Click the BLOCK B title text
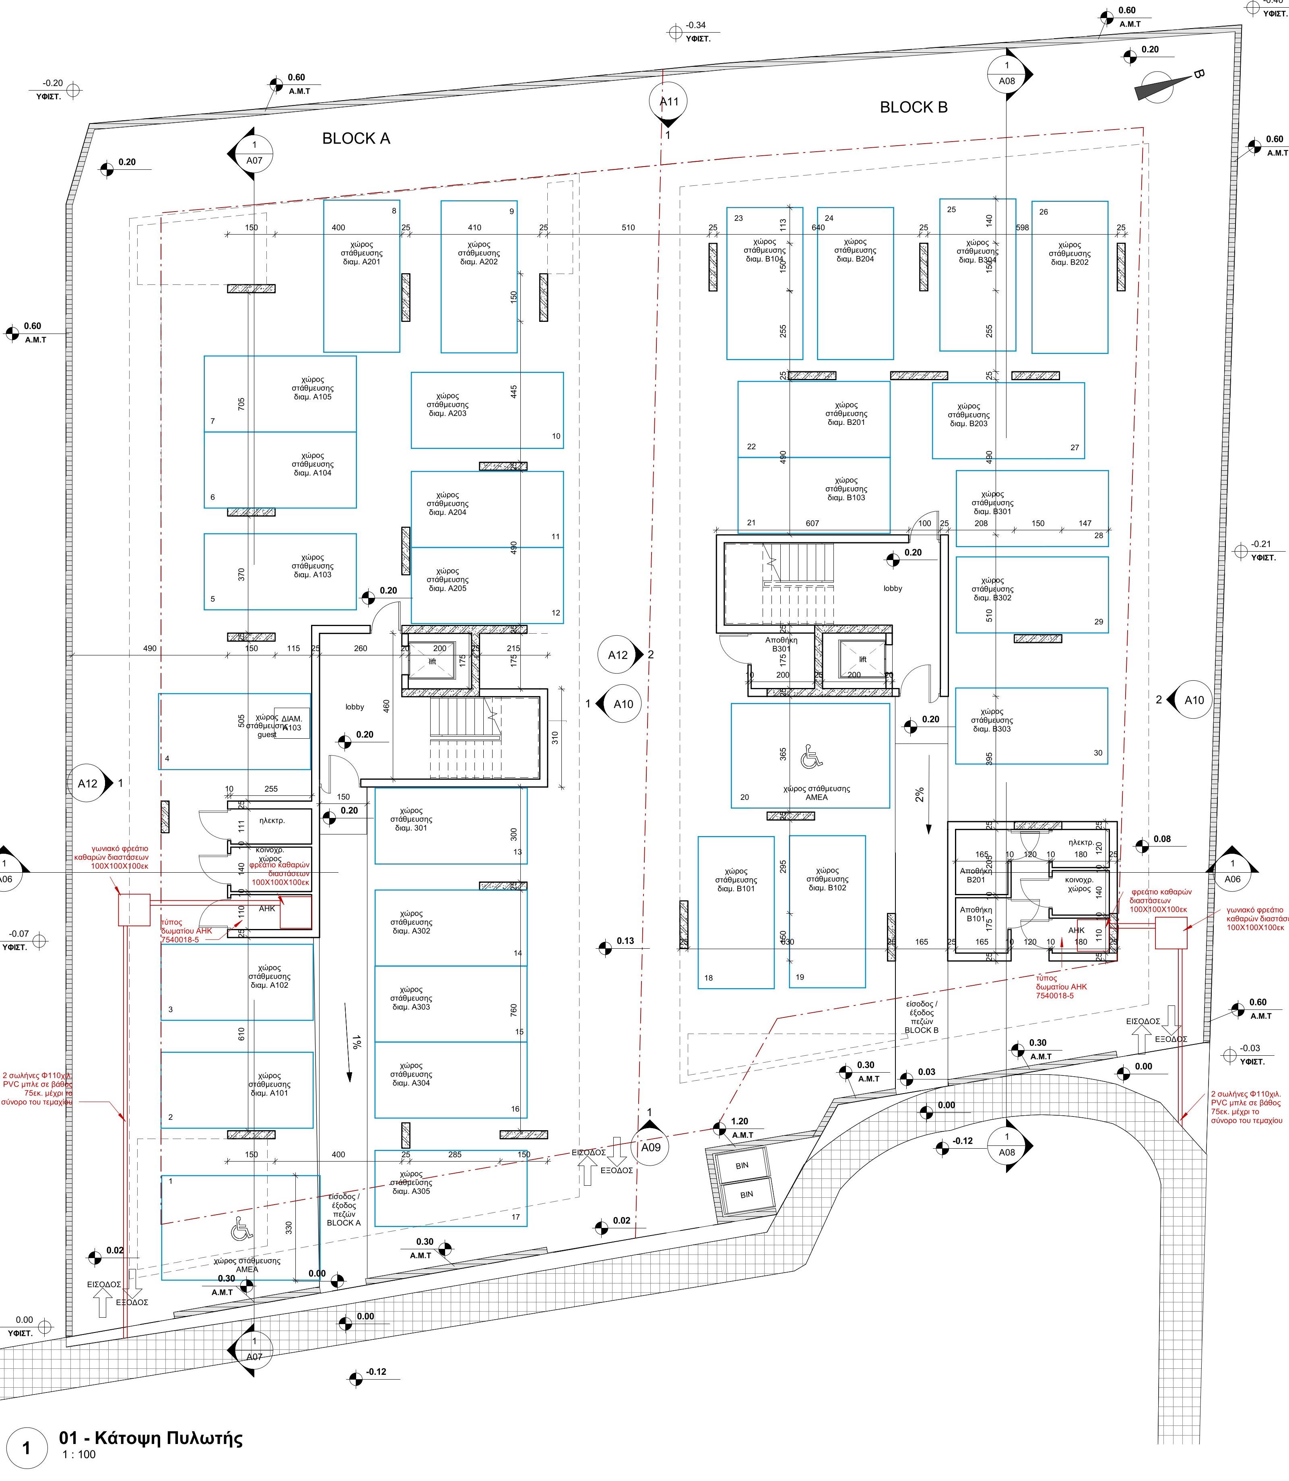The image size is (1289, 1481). click(x=914, y=107)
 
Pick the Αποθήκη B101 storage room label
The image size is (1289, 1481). click(x=976, y=914)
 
